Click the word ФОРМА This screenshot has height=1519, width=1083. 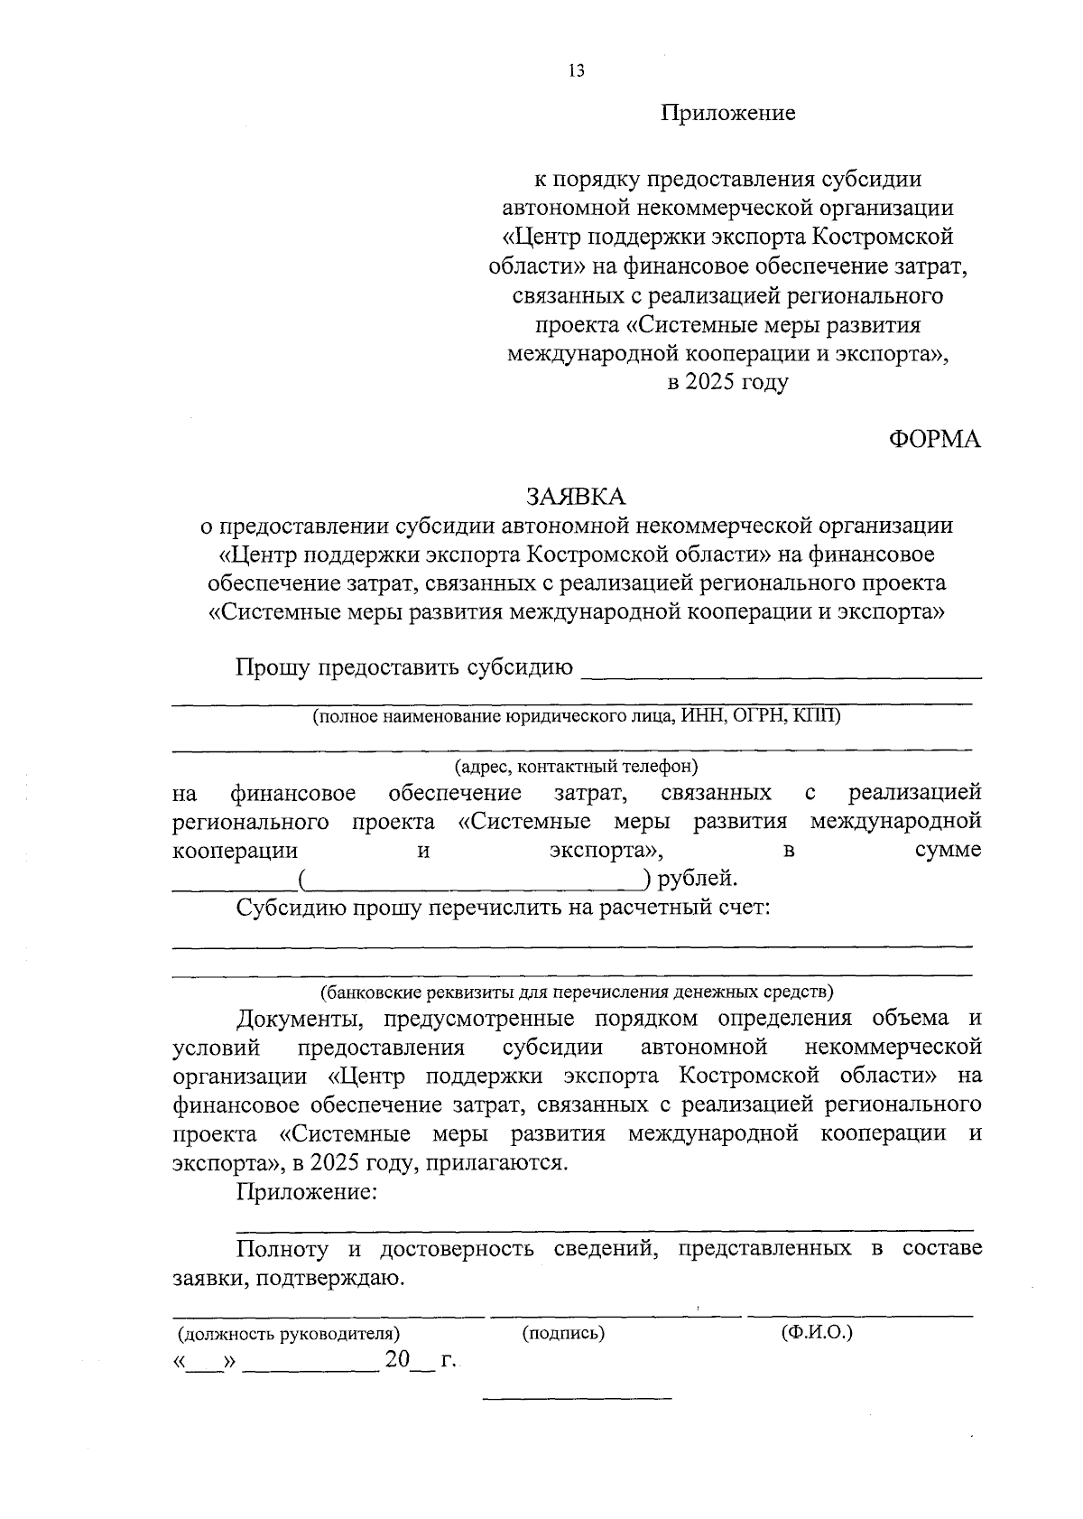(935, 439)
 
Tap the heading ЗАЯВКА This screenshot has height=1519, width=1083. (576, 496)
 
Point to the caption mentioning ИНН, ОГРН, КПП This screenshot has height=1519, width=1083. (576, 716)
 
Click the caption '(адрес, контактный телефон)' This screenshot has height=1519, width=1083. (576, 767)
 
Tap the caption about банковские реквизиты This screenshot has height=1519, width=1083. (576, 992)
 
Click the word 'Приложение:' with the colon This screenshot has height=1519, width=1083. (306, 1192)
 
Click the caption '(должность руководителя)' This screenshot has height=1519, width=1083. (289, 1333)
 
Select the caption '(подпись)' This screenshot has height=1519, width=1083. (563, 1333)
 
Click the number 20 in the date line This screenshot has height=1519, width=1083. (397, 1359)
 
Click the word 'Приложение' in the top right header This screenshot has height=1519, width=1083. (727, 113)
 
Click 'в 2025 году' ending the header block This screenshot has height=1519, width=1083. (727, 382)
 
